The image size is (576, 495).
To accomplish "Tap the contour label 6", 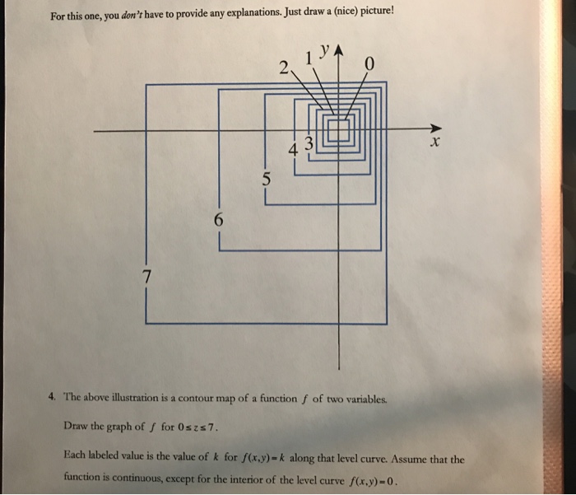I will coord(217,220).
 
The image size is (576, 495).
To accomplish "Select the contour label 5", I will coord(265,178).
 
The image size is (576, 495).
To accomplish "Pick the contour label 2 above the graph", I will coord(285,69).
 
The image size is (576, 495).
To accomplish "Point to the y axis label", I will coord(326,49).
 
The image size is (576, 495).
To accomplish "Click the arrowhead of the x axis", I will coord(435,129).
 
